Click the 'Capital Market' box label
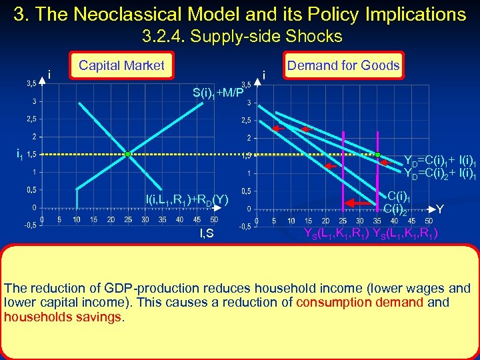tap(121, 65)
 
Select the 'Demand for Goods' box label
tap(343, 65)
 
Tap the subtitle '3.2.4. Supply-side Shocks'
tap(242, 36)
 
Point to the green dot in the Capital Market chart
tap(127, 154)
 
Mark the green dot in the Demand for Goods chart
tap(377, 154)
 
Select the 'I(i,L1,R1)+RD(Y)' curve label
tap(187, 199)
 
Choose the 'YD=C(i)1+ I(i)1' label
tap(439, 161)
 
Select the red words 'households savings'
tap(63, 317)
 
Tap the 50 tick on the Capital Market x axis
tap(213, 219)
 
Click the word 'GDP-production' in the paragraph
tap(139, 289)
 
